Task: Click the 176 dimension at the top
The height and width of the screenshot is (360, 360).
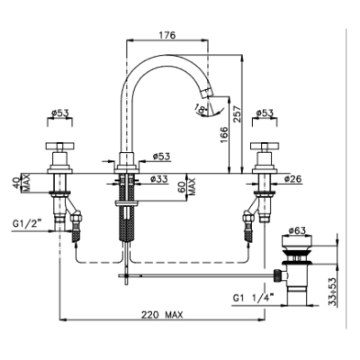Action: [x=166, y=35]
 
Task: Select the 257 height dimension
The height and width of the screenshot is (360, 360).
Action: [x=237, y=113]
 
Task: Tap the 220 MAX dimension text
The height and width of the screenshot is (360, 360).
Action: [x=162, y=315]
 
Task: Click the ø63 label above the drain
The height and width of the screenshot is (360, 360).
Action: [x=297, y=230]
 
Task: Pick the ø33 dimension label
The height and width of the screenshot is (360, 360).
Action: [x=159, y=179]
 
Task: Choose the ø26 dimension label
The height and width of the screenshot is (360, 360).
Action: [x=292, y=179]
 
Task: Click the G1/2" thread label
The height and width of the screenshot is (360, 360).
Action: [x=27, y=223]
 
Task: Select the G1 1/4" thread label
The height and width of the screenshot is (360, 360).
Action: [x=254, y=299]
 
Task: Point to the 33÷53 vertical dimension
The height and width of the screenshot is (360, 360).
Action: [x=331, y=292]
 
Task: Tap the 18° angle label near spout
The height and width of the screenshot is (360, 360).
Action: [x=201, y=108]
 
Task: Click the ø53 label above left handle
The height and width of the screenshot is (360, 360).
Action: [x=59, y=113]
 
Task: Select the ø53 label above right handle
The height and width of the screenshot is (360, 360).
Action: [x=265, y=113]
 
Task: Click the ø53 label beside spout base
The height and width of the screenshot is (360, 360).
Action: [x=161, y=157]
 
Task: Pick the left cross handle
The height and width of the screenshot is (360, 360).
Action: [x=59, y=146]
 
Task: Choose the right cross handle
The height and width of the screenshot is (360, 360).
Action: [x=265, y=146]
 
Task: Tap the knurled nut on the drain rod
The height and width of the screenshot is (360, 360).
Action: [x=277, y=275]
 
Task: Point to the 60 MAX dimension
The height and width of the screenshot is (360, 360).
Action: [x=191, y=186]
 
